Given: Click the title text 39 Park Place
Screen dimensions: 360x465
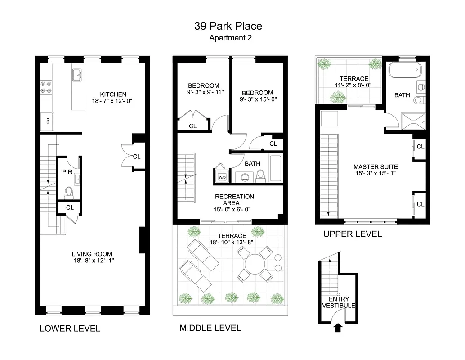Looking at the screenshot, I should point(228,26).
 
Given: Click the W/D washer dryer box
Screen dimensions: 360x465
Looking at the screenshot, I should point(222,177).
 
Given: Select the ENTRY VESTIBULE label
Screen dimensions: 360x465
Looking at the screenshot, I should point(338,302).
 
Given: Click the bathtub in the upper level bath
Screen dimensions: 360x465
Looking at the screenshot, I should point(405,71).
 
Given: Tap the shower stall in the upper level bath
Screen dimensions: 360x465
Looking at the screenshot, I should point(413,121).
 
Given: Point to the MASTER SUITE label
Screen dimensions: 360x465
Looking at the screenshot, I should point(376,167).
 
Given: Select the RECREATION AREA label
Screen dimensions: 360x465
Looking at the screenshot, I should point(234,200).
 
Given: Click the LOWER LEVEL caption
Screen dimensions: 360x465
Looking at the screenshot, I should point(70,328).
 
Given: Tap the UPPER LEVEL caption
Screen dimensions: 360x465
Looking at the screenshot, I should point(353,234).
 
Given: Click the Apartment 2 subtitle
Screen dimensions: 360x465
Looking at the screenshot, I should point(230,38).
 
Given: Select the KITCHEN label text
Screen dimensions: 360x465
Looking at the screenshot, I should point(113,94).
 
